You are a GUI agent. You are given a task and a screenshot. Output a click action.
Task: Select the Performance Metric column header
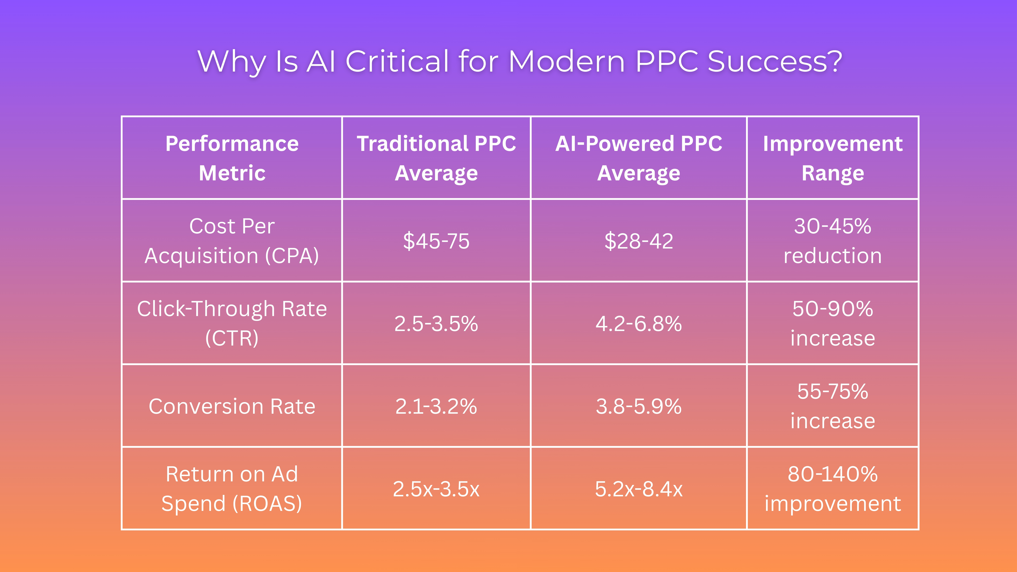pos(232,158)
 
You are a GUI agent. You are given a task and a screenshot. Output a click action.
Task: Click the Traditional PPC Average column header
pos(436,158)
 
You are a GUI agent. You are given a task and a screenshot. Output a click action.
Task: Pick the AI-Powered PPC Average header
pos(638,158)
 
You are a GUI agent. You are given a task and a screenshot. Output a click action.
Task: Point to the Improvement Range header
pos(833,158)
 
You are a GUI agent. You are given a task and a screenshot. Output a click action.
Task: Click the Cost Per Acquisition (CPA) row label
pos(232,241)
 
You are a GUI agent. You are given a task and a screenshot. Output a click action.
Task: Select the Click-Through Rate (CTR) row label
pos(232,323)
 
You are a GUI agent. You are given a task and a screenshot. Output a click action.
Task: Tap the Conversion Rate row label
pos(232,406)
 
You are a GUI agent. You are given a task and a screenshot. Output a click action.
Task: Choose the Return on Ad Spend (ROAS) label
pos(232,489)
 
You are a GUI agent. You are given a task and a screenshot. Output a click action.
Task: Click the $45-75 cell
pos(436,241)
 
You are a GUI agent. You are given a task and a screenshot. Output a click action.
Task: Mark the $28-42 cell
pos(638,241)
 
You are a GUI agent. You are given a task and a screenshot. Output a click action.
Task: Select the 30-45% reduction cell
pos(833,241)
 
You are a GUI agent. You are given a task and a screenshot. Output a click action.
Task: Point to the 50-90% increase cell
pos(833,323)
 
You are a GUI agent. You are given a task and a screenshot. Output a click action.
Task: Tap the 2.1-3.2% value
pos(436,406)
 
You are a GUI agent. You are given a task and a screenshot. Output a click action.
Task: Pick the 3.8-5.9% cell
pos(638,406)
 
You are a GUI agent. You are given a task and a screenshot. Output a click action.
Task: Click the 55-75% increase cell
pos(833,406)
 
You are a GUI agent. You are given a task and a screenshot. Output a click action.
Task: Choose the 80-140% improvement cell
pos(833,489)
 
